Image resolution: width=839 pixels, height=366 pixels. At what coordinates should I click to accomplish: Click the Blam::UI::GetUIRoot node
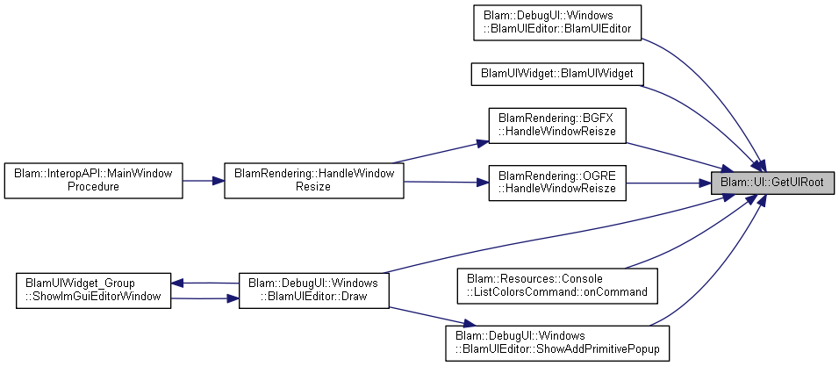coord(772,182)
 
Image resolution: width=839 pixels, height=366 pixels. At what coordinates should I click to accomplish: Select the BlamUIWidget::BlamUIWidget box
coord(557,74)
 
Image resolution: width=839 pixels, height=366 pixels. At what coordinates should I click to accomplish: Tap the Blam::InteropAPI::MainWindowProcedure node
coord(93,181)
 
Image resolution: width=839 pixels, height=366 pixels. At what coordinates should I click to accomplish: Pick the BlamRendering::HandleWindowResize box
coord(313,181)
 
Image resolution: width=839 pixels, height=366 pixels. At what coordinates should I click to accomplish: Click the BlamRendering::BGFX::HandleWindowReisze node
coord(557,126)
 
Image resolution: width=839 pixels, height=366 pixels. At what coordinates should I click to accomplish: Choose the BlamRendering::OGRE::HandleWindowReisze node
coord(557,183)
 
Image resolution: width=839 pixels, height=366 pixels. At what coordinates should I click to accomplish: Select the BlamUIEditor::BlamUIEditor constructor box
coord(557,23)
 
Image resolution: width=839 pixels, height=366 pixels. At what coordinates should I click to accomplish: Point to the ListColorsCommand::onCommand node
coord(557,285)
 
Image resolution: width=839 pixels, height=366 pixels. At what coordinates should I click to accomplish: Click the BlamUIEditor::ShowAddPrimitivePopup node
coord(557,342)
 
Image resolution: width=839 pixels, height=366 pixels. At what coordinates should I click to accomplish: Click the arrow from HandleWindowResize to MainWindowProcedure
coord(204,181)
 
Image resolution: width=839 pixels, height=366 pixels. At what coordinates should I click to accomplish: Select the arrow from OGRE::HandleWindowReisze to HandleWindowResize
coord(446,182)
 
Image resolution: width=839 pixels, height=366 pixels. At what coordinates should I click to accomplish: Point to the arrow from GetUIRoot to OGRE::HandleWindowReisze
coord(669,183)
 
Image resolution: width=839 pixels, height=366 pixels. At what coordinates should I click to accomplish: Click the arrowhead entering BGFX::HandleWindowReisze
coord(482,142)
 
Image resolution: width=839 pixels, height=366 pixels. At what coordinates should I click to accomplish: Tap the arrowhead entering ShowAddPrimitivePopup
coord(469,324)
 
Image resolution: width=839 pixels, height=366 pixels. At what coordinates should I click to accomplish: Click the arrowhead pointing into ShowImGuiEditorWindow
coord(177,283)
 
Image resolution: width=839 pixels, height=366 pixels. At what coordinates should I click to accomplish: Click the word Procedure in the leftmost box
coord(93,188)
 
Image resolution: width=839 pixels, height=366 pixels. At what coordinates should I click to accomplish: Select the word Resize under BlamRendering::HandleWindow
coord(313,188)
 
